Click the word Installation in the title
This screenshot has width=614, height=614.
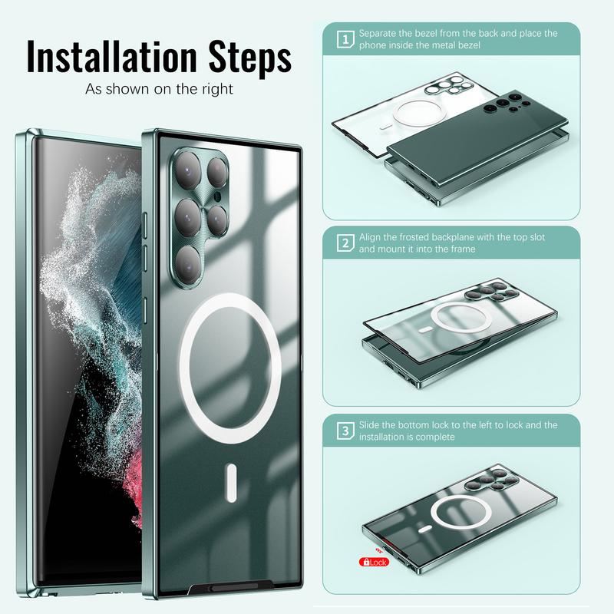coord(111,57)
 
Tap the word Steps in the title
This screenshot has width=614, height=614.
coord(250,59)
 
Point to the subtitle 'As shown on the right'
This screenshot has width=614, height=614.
coord(159,89)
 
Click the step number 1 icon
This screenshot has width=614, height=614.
coord(345,39)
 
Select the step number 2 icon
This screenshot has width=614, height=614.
coord(345,243)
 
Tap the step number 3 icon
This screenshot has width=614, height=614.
coord(345,431)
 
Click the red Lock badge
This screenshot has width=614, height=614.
coord(374,563)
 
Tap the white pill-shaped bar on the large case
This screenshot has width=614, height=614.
coord(232,483)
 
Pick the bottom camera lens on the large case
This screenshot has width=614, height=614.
coord(188,264)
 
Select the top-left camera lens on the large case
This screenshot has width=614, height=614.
coord(187,170)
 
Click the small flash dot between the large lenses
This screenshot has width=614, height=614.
coord(218,196)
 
